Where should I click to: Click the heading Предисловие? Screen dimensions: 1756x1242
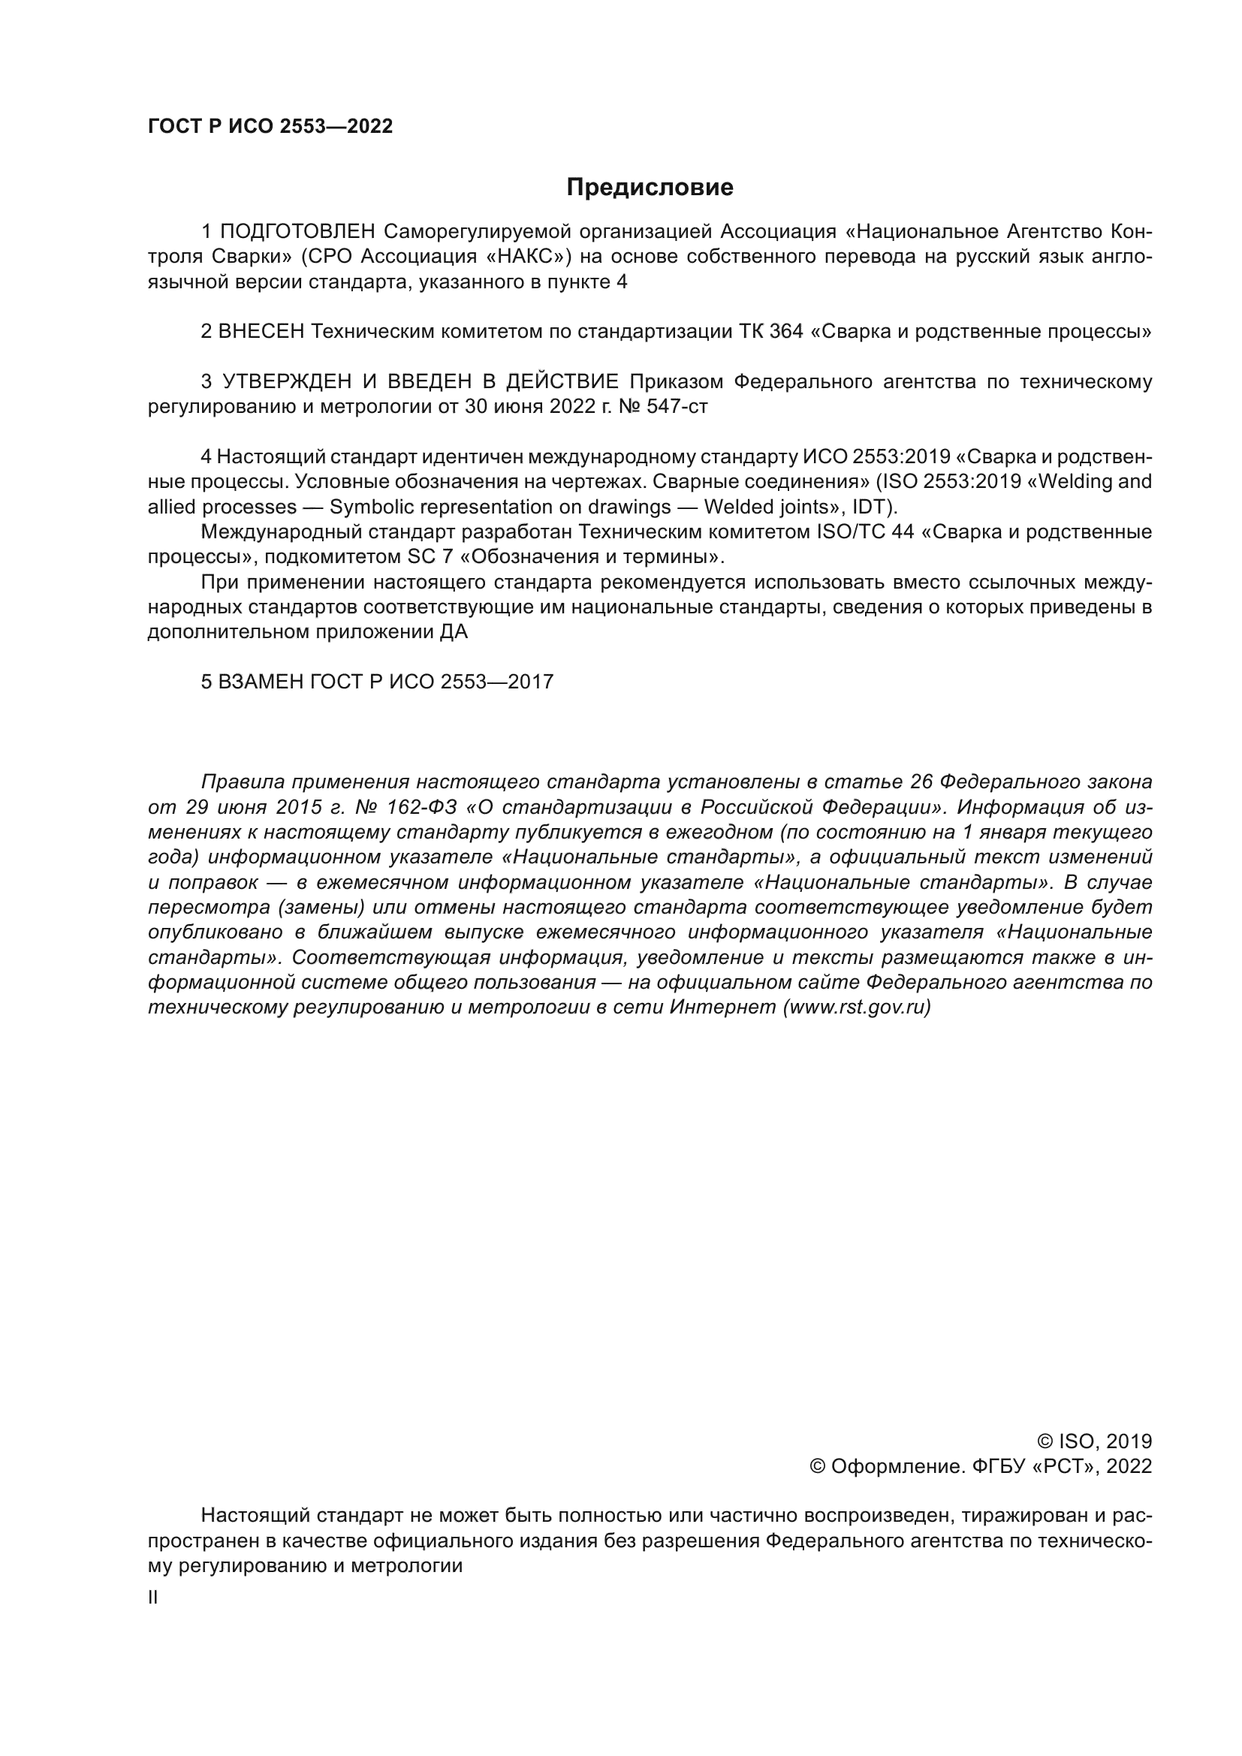coord(650,188)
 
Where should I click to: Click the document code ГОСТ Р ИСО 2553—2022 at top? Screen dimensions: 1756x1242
coord(270,127)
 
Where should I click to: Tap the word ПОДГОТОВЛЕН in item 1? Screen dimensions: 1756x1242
coord(298,231)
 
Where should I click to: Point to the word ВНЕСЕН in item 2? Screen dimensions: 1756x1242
coord(261,331)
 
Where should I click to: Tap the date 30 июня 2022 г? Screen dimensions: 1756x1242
coord(530,406)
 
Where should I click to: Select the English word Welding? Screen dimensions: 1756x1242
coord(1077,482)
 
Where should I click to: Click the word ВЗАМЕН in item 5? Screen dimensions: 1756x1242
coord(261,682)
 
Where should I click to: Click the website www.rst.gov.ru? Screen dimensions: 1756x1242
coord(857,1008)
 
